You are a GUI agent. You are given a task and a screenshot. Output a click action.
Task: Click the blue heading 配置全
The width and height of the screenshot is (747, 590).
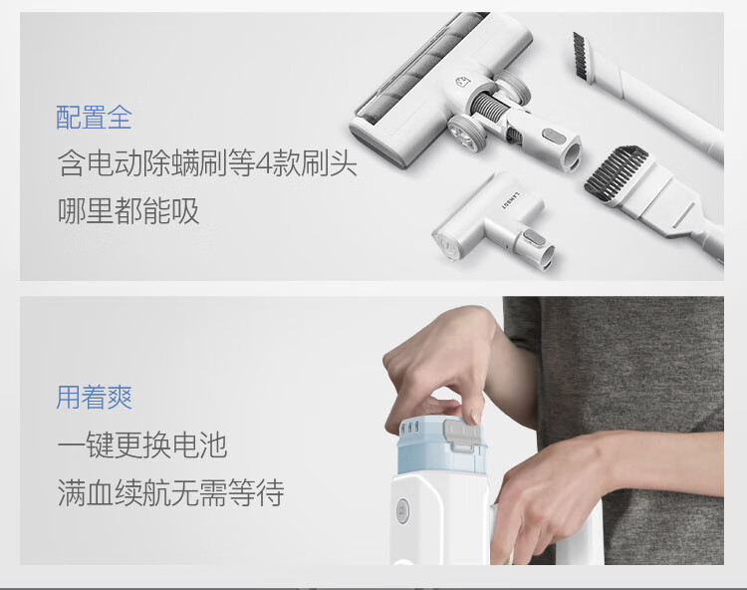pyautogui.click(x=94, y=118)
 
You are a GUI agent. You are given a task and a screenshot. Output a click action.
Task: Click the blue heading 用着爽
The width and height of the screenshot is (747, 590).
pyautogui.click(x=94, y=397)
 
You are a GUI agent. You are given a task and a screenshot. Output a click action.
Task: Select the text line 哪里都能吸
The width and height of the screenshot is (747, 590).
pyautogui.click(x=128, y=210)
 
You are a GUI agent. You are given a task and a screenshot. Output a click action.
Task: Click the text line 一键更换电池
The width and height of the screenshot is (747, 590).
pyautogui.click(x=142, y=445)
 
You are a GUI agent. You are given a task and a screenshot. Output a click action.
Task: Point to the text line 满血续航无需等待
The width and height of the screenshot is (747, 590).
pyautogui.click(x=171, y=492)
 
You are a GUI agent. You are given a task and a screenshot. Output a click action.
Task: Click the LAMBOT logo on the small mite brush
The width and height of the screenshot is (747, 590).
pyautogui.click(x=505, y=200)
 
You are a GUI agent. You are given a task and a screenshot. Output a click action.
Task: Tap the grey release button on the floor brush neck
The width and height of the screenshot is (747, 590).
pyautogui.click(x=555, y=137)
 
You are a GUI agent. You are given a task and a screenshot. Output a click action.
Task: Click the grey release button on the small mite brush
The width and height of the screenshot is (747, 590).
pyautogui.click(x=531, y=239)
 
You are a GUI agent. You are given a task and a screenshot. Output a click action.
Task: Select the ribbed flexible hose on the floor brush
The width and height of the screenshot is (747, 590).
pyautogui.click(x=488, y=108)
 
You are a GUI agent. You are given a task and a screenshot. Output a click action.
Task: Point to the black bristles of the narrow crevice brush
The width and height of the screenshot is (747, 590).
pyautogui.click(x=580, y=54)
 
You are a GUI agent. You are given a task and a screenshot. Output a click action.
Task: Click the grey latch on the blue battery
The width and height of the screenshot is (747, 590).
pyautogui.click(x=461, y=435)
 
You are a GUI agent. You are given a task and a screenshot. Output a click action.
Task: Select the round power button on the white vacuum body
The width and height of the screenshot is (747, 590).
pyautogui.click(x=402, y=511)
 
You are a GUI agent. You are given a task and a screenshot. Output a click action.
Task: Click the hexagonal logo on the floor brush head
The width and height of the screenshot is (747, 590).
pyautogui.click(x=462, y=82)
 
